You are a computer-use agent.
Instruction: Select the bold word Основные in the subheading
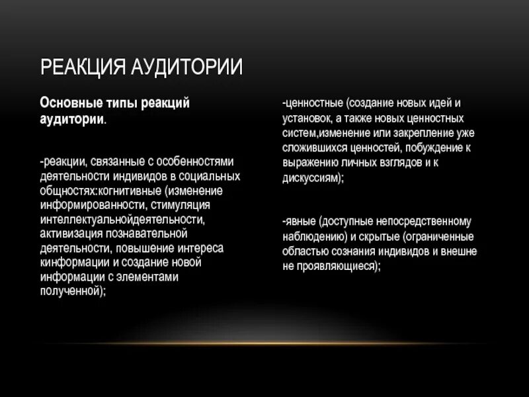(x=69, y=105)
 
